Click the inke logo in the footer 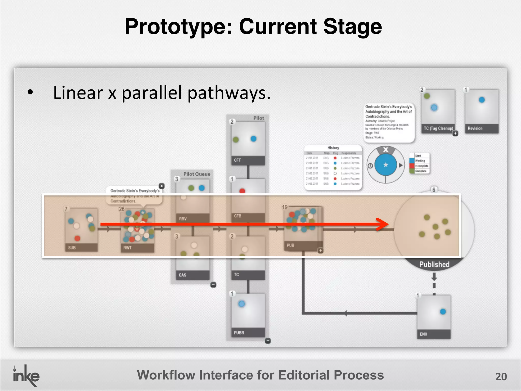pos(26,376)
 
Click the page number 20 pos(501,376)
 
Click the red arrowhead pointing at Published pos(383,224)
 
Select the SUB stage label pos(72,248)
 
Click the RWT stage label pos(127,248)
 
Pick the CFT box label pos(237,160)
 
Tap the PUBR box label pos(239,333)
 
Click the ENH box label pos(423,334)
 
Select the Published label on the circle pos(434,264)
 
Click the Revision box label pos(475,128)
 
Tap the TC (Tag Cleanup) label pos(438,128)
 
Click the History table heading pos(333,148)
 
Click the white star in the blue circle pos(386,165)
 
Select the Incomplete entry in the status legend pos(422,166)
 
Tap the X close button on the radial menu pos(386,150)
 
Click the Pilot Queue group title pos(197,174)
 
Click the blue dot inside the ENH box pos(443,311)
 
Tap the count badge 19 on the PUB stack pos(285,207)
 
